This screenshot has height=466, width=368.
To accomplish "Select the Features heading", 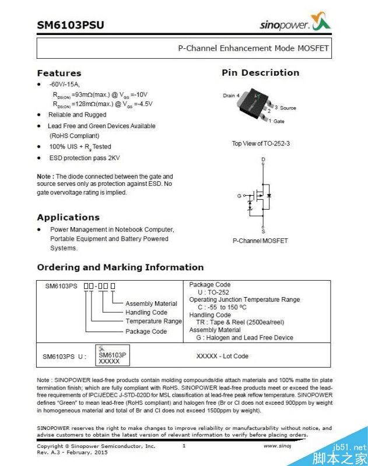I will coord(59,73).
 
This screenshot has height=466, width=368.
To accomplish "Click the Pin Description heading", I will coord(260,73).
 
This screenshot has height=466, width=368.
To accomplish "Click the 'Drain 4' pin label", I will coord(231,96).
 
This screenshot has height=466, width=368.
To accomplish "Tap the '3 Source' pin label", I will coord(285,108).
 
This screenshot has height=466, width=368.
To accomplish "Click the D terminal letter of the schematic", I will coord(263,159).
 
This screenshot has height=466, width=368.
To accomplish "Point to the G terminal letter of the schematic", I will coord(239,196).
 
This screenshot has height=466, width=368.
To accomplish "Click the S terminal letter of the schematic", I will coord(264,231).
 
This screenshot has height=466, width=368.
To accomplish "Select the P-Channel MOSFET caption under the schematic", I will coord(260,241).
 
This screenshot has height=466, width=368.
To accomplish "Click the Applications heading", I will coord(68,217).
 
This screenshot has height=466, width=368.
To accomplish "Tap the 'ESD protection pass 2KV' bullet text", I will coord(85,158).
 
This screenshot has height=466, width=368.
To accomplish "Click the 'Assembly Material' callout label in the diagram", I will coord(151,303).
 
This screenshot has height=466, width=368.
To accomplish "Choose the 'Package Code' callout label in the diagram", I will coord(146,331).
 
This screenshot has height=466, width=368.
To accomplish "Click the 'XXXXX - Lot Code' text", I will coord(222,356).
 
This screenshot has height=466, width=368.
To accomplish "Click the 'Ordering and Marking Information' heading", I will coord(120,267).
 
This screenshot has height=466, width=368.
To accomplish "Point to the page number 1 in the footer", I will coord(184,446).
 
